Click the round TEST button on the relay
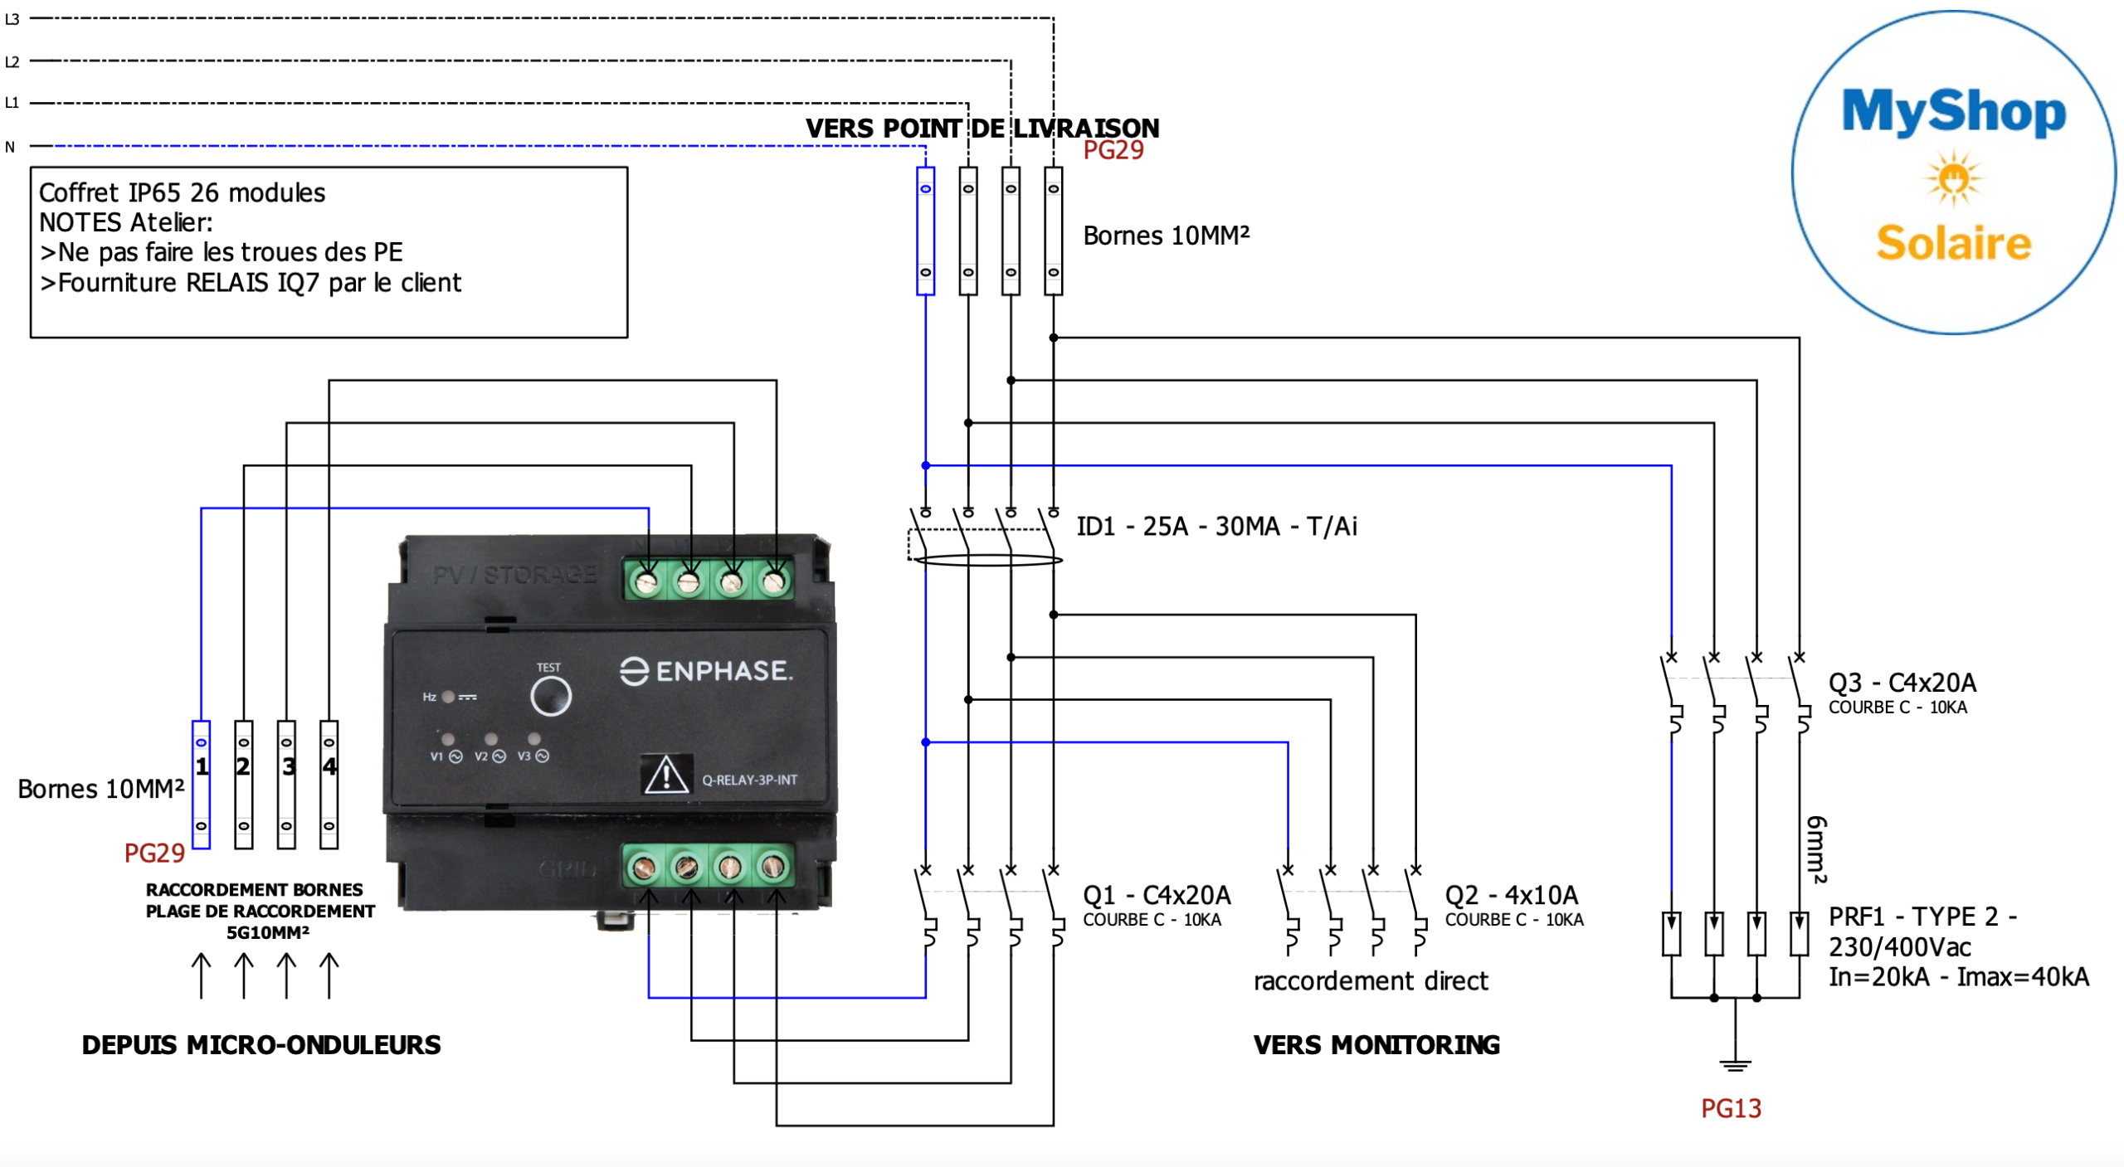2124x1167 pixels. click(x=550, y=695)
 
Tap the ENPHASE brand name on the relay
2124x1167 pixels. click(x=707, y=670)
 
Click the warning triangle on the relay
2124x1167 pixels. click(x=665, y=776)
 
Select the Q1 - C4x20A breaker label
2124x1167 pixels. click(x=1157, y=895)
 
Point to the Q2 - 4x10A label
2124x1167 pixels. click(x=1511, y=895)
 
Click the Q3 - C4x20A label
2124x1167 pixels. click(x=1902, y=683)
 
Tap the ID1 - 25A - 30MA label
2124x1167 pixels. click(x=1216, y=526)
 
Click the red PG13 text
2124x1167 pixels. click(x=1731, y=1108)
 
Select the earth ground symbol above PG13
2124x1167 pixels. click(x=1735, y=1064)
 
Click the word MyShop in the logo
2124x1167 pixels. click(x=1953, y=112)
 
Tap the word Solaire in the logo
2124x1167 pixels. click(x=1953, y=243)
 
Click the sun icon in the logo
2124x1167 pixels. click(x=1953, y=178)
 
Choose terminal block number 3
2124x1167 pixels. click(x=287, y=784)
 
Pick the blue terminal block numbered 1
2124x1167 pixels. click(x=202, y=784)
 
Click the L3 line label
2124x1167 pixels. click(x=12, y=19)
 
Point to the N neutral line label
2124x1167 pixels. click(x=10, y=147)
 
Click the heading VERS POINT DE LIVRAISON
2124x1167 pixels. click(x=982, y=129)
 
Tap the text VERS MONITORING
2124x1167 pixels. click(x=1376, y=1045)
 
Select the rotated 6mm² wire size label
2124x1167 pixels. click(x=1816, y=849)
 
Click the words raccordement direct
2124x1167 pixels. click(x=1371, y=981)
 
